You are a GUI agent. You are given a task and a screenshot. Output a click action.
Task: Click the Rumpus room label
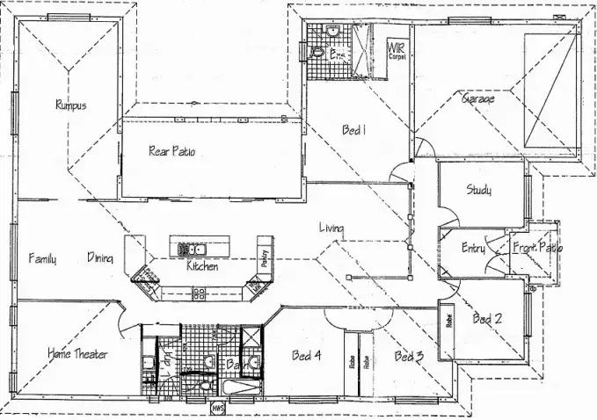click(x=70, y=105)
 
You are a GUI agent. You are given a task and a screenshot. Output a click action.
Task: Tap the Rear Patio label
click(x=171, y=151)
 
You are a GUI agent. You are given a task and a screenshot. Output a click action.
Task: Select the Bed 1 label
click(x=353, y=130)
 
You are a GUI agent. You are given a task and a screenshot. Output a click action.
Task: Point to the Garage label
click(x=478, y=99)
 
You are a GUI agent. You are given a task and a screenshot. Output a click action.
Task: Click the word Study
click(x=478, y=190)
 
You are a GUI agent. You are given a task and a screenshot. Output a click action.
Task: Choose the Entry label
click(x=473, y=249)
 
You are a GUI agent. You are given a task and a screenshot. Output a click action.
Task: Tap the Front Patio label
click(x=537, y=248)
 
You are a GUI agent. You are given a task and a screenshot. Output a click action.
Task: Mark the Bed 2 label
click(x=487, y=318)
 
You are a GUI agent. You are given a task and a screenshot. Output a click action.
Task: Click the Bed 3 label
click(x=409, y=356)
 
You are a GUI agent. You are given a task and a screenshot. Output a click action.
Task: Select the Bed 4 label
click(x=305, y=356)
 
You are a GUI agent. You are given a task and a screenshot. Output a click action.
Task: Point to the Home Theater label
click(x=77, y=354)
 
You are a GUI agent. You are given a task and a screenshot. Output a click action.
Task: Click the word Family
click(x=42, y=258)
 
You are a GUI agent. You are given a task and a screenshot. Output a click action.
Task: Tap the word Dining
click(x=99, y=257)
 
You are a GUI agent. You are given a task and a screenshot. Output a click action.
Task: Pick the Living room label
click(x=331, y=228)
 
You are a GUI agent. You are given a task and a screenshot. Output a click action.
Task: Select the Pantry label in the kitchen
click(x=263, y=257)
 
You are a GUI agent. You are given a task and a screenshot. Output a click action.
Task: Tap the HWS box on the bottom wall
click(x=217, y=408)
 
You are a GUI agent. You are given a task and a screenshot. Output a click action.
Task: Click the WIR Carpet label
click(x=397, y=49)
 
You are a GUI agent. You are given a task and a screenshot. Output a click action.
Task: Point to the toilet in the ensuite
click(x=317, y=54)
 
